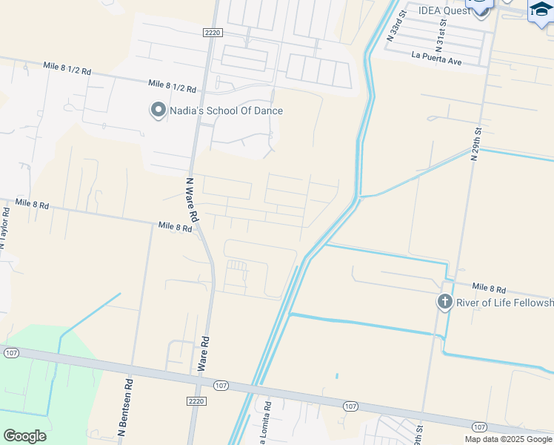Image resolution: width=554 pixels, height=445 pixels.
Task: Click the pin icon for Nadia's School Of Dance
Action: tap(158, 111)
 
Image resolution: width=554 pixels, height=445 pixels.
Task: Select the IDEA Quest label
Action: tap(444, 10)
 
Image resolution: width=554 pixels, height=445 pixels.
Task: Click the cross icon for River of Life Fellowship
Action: tap(444, 302)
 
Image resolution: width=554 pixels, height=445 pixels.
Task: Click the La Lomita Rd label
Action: tap(268, 423)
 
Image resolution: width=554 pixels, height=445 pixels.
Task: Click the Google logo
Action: tap(24, 436)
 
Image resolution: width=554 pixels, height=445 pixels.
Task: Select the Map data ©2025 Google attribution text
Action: tap(508, 439)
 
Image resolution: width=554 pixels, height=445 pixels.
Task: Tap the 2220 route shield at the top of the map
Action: tap(213, 33)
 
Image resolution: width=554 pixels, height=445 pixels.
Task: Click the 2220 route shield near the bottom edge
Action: tap(195, 400)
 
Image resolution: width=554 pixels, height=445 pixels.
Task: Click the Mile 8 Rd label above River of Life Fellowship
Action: tap(489, 288)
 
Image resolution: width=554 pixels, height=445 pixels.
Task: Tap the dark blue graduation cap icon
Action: tap(541, 10)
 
